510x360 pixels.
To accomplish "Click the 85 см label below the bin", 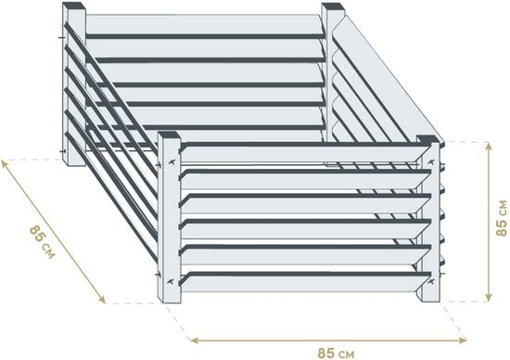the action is pyautogui.click(x=336, y=354).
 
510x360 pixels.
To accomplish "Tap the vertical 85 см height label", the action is pyautogui.click(x=502, y=218).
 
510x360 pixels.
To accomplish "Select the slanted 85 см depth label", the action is pyautogui.click(x=43, y=242).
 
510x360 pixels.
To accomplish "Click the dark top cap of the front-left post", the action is pyautogui.click(x=169, y=135).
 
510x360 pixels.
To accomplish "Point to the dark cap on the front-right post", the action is pyautogui.click(x=428, y=139).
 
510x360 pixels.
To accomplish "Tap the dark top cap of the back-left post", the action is pyautogui.click(x=74, y=6).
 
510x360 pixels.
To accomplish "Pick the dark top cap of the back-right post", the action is pyautogui.click(x=333, y=6).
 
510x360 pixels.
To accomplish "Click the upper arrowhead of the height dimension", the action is pyautogui.click(x=488, y=147).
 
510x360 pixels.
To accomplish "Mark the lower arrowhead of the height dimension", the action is pyautogui.click(x=488, y=297).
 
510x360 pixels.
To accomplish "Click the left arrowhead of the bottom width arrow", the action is pyautogui.click(x=195, y=341).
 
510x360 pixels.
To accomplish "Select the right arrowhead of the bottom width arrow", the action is pyautogui.click(x=462, y=341).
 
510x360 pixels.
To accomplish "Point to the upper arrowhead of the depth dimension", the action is pyautogui.click(x=5, y=164).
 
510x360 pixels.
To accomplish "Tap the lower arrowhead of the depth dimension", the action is pyautogui.click(x=102, y=300).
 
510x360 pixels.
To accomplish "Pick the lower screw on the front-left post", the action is pyautogui.click(x=171, y=281).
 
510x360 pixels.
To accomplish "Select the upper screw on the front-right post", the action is pyautogui.click(x=431, y=161).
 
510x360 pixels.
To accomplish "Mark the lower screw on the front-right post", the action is pyautogui.click(x=431, y=281).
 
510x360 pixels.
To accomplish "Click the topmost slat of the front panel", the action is pyautogui.click(x=304, y=153).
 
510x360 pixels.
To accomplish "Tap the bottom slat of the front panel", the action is pyautogui.click(x=304, y=282).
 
